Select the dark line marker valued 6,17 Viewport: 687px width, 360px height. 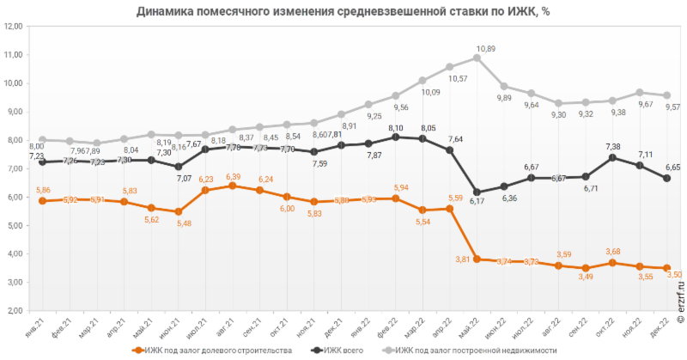coord(477,192)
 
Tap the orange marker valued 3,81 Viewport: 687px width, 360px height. coord(477,259)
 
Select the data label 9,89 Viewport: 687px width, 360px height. coord(504,98)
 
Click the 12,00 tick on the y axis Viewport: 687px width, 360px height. coord(13,27)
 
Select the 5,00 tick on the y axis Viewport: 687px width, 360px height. coord(13,226)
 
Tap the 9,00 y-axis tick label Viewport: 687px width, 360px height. coord(13,112)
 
